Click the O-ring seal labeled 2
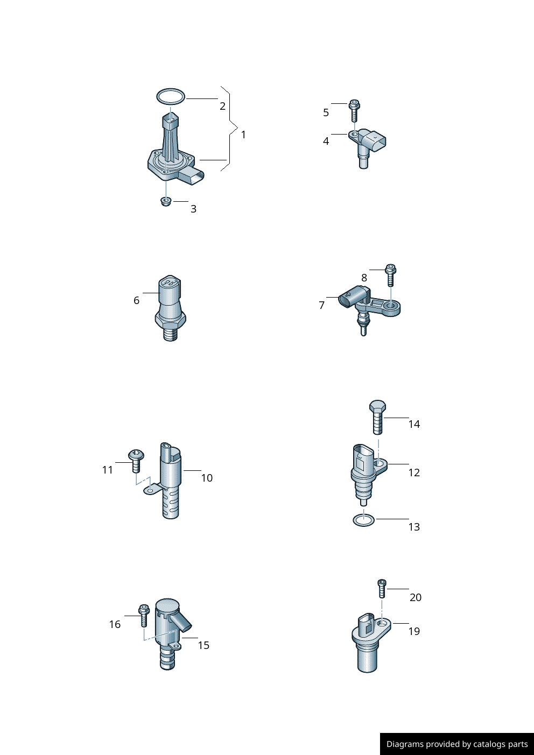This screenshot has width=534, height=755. pyautogui.click(x=171, y=90)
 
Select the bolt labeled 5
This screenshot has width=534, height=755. pyautogui.click(x=354, y=110)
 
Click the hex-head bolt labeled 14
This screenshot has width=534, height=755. pyautogui.click(x=378, y=417)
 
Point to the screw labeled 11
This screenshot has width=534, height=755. pyautogui.click(x=136, y=461)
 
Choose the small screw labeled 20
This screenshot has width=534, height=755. pyautogui.click(x=382, y=588)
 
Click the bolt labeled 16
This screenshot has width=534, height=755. pyautogui.click(x=144, y=615)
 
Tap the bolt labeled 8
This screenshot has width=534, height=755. pyautogui.click(x=391, y=275)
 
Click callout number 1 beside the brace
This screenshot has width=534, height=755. pyautogui.click(x=243, y=135)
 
